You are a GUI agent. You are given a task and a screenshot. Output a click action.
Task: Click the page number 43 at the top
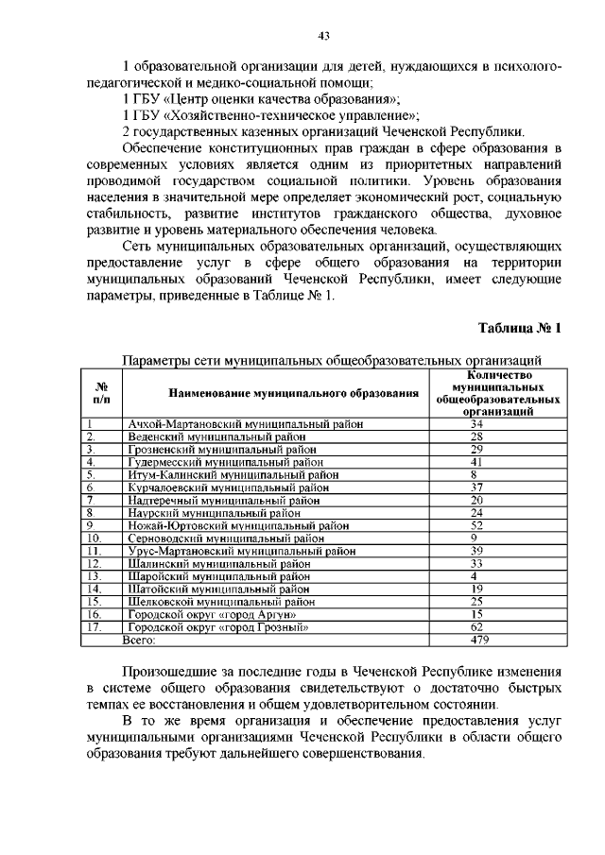[x=322, y=36]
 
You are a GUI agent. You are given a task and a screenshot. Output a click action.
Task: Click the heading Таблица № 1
[x=520, y=328]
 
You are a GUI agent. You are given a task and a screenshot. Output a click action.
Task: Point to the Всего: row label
[x=140, y=640]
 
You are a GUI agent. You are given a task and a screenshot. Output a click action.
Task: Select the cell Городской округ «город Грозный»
[x=219, y=626]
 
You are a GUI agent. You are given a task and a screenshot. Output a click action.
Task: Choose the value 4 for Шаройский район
[x=473, y=575]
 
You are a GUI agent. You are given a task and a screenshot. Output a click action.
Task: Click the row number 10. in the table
[x=95, y=538]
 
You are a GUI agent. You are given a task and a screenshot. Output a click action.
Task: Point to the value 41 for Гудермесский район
[x=476, y=462]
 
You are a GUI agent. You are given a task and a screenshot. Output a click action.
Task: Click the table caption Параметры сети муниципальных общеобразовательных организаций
[x=331, y=360]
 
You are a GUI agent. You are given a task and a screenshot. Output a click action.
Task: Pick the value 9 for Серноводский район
[x=473, y=538]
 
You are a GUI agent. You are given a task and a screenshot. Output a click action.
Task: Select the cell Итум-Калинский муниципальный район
[x=233, y=474]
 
